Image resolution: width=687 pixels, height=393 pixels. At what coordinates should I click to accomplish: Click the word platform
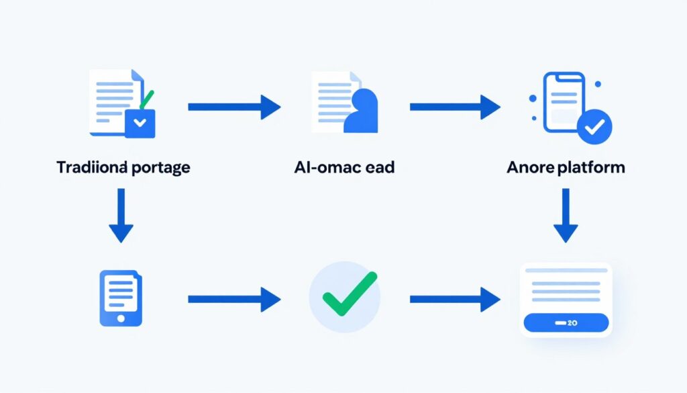point(590,167)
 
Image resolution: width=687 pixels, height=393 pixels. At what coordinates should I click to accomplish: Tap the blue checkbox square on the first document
point(140,124)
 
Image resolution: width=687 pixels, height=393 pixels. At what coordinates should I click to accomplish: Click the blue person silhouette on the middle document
point(362,112)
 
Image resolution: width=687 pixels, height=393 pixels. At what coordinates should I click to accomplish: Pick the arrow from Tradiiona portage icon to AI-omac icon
point(233,107)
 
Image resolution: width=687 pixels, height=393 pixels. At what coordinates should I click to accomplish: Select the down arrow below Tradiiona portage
point(121,215)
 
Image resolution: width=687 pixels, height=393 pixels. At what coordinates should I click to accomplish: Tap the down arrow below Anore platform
point(565,215)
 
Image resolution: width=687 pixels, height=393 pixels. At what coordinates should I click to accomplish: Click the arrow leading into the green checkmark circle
point(233,299)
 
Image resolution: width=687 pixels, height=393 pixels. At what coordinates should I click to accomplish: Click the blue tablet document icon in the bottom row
point(121,298)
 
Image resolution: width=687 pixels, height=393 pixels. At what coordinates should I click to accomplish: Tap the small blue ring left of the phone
point(533,98)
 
